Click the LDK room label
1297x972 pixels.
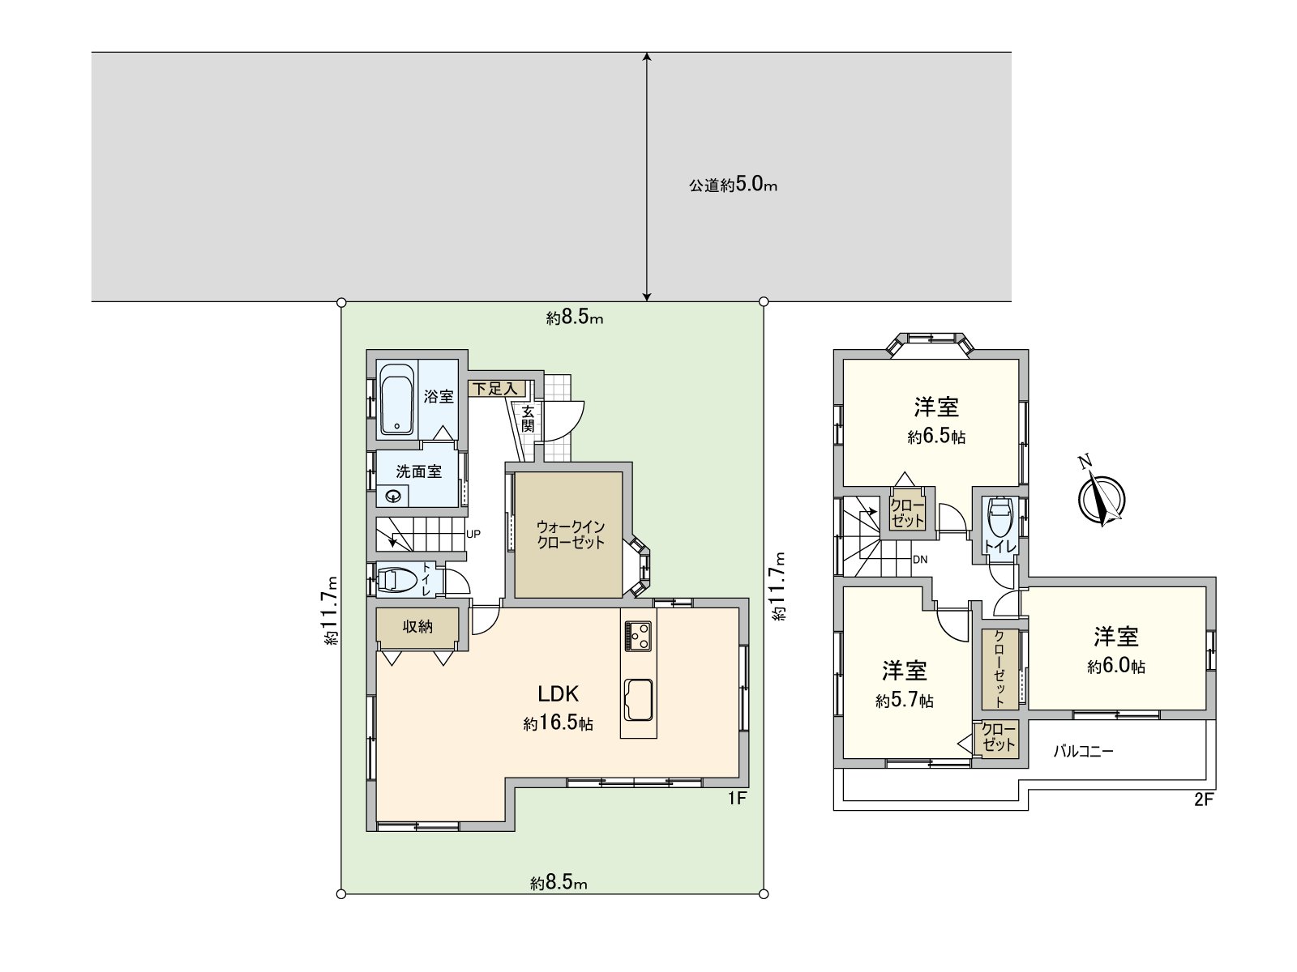(x=558, y=694)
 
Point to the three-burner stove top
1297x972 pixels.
(x=638, y=635)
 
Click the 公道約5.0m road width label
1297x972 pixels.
(x=733, y=185)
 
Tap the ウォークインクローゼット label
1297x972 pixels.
(x=571, y=535)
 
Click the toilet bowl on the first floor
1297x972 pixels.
(x=396, y=580)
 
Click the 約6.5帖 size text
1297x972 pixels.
(x=936, y=437)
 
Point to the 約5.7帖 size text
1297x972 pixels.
(x=904, y=701)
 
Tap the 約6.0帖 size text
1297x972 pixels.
(x=1116, y=667)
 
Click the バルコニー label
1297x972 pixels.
(x=1083, y=751)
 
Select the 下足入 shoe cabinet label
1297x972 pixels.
(x=494, y=389)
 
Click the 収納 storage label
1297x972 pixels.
(x=417, y=626)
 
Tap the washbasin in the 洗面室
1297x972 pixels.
(x=394, y=497)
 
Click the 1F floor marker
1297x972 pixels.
(x=736, y=799)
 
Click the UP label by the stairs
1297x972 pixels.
(x=474, y=535)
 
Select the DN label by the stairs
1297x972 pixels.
(x=920, y=560)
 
